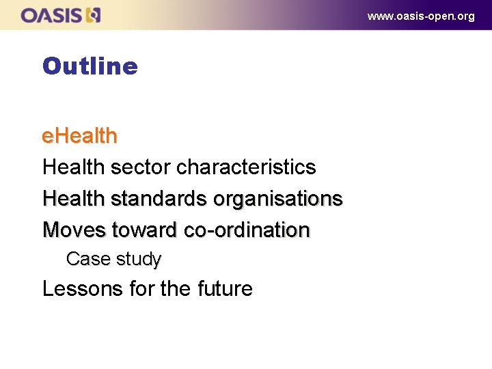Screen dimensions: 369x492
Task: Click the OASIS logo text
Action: [51, 15]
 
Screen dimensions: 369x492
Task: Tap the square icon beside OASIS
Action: [94, 15]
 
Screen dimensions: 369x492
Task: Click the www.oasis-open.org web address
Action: [420, 16]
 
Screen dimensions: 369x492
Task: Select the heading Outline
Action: [90, 66]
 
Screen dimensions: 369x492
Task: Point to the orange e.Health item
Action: [79, 136]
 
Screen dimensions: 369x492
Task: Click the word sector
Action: [140, 167]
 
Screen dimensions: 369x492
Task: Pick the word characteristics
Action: [246, 167]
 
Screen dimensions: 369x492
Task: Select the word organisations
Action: [277, 198]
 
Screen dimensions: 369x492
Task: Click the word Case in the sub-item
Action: [88, 259]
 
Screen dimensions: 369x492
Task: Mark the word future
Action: [225, 288]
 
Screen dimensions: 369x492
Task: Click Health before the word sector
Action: [73, 167]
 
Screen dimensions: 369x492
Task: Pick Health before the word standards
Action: [73, 198]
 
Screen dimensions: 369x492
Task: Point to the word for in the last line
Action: [141, 288]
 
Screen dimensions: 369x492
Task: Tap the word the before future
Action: [176, 288]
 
